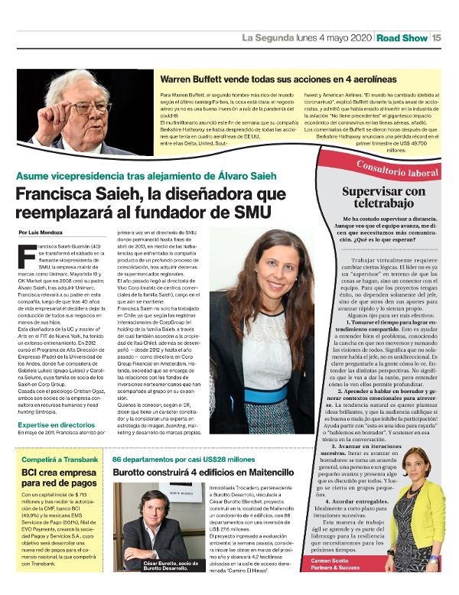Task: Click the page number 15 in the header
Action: coord(437,37)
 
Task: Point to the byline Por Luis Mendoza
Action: coord(41,231)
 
